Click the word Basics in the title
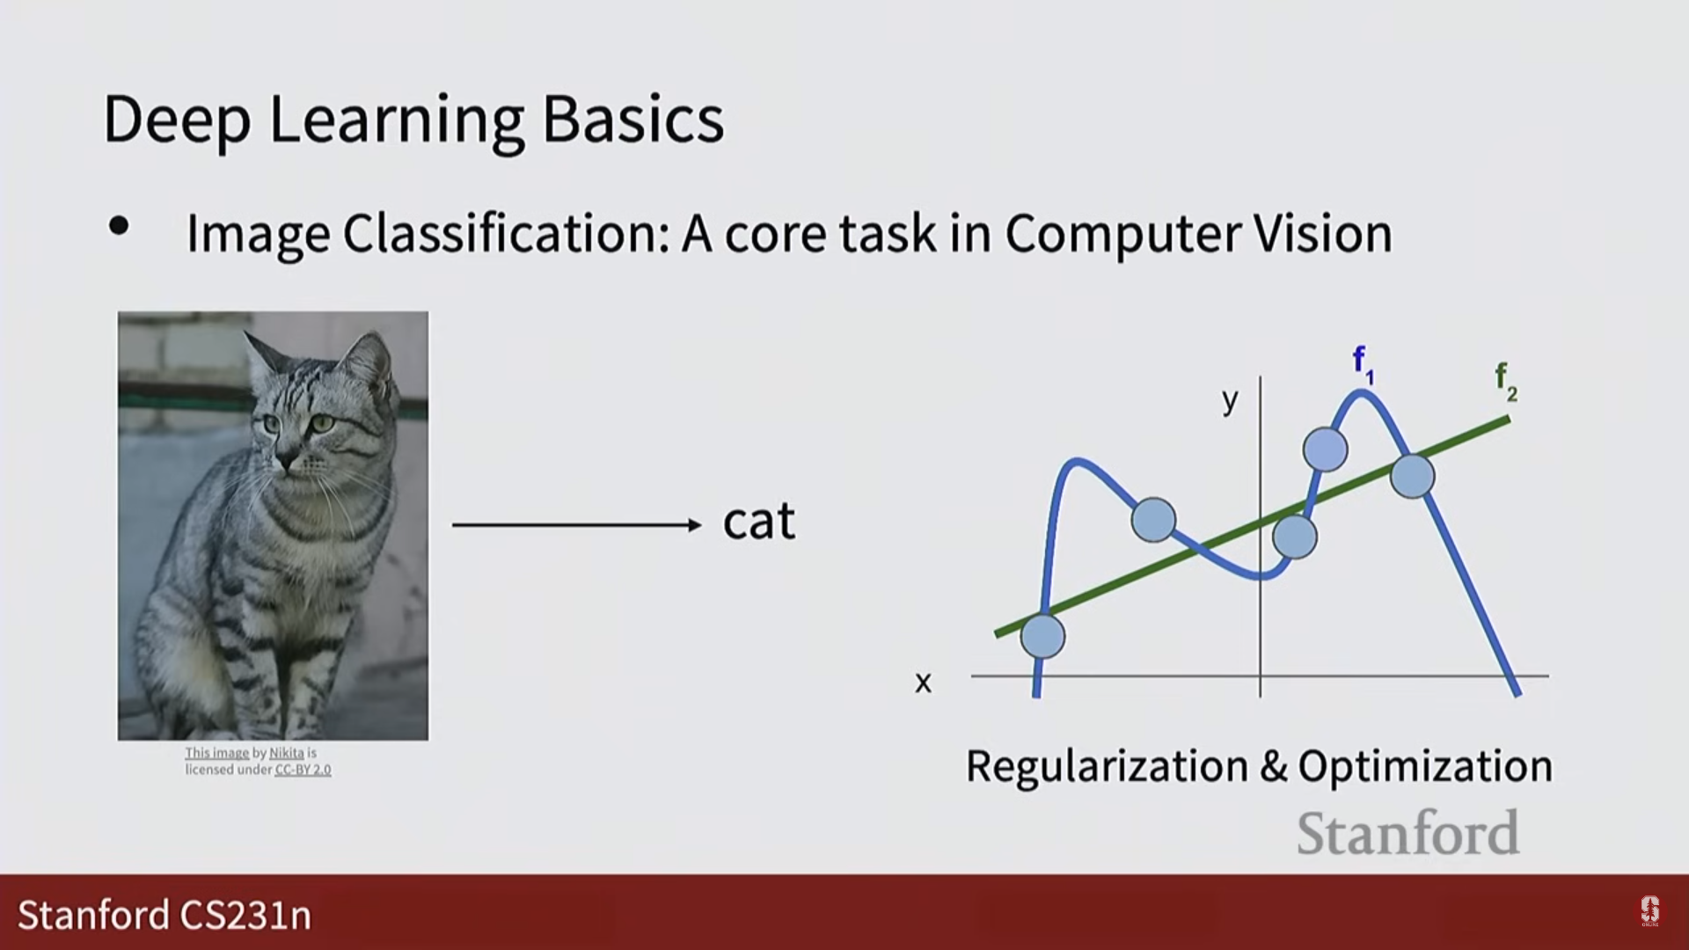(632, 119)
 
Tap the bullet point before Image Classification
(119, 227)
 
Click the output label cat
(759, 521)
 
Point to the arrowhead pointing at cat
(695, 525)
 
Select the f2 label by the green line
(1506, 382)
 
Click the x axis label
(923, 683)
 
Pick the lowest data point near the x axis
(1043, 636)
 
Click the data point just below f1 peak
(1326, 449)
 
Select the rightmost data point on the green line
(1413, 476)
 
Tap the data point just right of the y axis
(1295, 536)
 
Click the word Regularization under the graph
(1108, 767)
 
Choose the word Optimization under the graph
(1426, 767)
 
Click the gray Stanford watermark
(1408, 833)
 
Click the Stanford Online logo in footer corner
(1649, 912)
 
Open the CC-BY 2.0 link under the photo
(303, 770)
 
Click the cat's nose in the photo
(286, 459)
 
